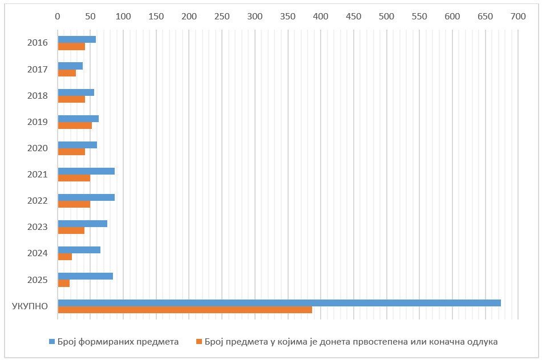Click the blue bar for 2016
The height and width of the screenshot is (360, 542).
click(77, 39)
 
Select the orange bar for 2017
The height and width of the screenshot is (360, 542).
click(67, 73)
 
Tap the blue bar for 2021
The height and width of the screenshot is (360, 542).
click(86, 171)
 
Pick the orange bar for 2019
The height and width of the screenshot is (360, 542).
click(75, 126)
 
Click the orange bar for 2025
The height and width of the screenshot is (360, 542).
click(64, 284)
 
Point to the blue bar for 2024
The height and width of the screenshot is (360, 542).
click(79, 250)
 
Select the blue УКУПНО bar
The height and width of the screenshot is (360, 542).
click(279, 303)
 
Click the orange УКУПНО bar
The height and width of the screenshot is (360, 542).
click(185, 310)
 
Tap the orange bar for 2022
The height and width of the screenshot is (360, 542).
click(74, 204)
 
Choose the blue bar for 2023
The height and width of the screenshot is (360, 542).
click(83, 224)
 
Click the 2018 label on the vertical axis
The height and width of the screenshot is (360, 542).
click(38, 95)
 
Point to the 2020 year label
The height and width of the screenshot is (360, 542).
click(38, 148)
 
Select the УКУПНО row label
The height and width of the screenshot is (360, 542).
click(30, 306)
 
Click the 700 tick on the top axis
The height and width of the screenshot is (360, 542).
click(518, 17)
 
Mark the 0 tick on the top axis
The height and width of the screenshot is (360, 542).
click(58, 17)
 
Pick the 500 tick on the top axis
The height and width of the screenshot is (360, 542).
click(386, 17)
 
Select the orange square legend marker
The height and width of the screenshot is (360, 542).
click(199, 342)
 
